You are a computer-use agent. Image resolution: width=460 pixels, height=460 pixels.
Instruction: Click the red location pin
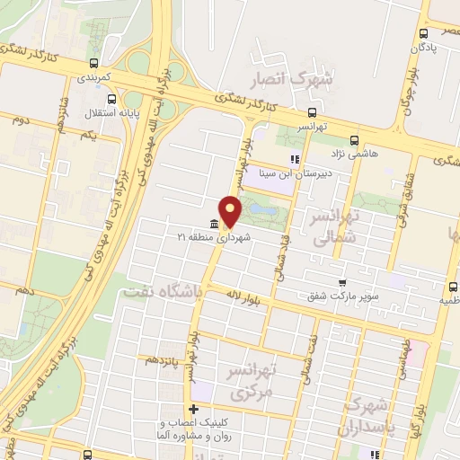[x=231, y=211]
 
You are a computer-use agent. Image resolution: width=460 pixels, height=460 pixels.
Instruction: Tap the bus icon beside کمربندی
[x=94, y=63]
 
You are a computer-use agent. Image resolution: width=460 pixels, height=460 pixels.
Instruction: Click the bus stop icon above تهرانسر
[x=312, y=113]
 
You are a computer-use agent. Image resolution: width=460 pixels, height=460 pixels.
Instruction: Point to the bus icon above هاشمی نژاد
[x=354, y=140]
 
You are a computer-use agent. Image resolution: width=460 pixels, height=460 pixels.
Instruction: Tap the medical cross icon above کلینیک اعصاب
[x=193, y=410]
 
